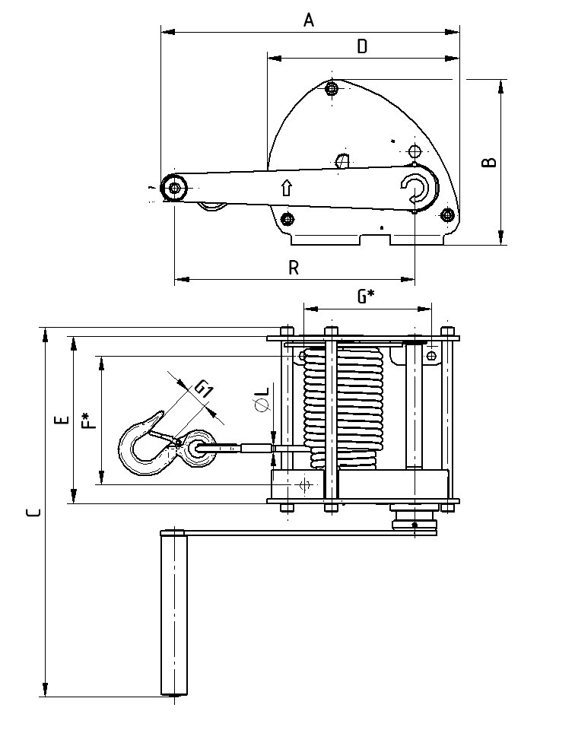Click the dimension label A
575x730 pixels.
click(x=309, y=21)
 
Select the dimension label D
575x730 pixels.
click(x=363, y=46)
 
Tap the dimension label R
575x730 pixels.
click(x=294, y=268)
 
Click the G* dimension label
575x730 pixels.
click(x=367, y=297)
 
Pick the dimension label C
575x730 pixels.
click(x=32, y=513)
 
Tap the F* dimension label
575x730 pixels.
click(x=90, y=420)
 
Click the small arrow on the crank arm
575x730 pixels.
click(x=286, y=187)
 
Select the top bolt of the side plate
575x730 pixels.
click(x=331, y=89)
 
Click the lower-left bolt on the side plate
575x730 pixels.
click(x=287, y=220)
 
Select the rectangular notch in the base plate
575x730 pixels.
click(x=376, y=240)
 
